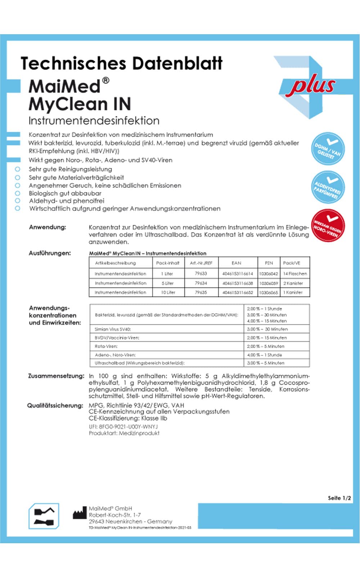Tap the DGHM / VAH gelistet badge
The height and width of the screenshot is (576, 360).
[x=328, y=149]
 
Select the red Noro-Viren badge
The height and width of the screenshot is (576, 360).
[x=328, y=226]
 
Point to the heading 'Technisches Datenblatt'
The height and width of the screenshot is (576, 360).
[x=122, y=63]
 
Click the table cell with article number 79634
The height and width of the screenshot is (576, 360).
[x=201, y=283]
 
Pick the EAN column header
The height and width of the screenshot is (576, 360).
[x=237, y=263]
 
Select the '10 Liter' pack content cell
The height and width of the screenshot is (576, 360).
[x=168, y=292]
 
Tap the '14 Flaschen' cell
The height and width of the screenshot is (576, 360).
[x=295, y=274]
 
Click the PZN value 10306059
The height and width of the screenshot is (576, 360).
[x=269, y=283]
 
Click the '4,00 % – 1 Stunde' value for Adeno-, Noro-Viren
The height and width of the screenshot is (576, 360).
[x=265, y=355]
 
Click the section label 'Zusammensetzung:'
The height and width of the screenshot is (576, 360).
[x=56, y=376]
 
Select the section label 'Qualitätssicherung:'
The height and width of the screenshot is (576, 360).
[x=55, y=405]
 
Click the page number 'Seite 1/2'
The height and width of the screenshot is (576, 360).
[x=339, y=498]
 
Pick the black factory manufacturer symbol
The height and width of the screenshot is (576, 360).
[x=80, y=514]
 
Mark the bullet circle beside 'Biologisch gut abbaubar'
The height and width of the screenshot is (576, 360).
[x=17, y=193]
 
